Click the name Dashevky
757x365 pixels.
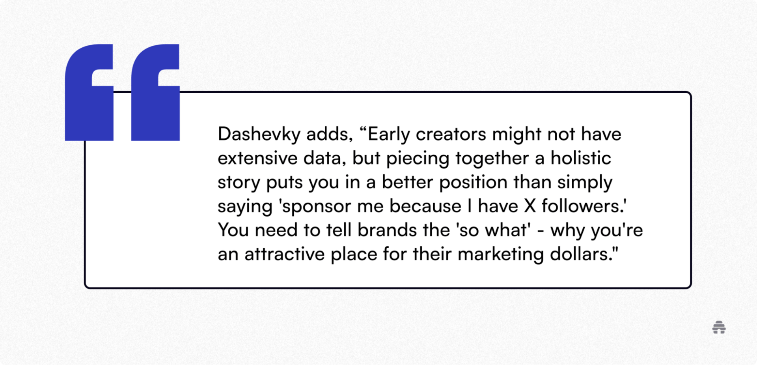[x=259, y=135]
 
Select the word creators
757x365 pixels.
[x=451, y=135]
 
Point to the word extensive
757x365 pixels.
[x=257, y=158]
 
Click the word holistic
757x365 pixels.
[x=581, y=158]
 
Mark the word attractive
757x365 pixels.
[x=285, y=254]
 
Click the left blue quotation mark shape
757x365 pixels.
[x=89, y=92]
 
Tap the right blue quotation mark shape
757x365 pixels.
[x=155, y=92]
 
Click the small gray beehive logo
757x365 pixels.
[x=719, y=327]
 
